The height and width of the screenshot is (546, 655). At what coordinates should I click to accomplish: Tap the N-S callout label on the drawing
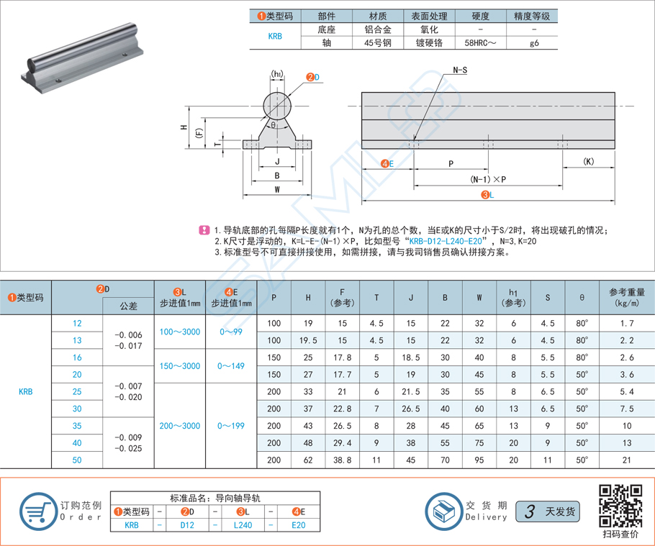460,70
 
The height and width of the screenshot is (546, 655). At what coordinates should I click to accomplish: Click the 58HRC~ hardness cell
481,43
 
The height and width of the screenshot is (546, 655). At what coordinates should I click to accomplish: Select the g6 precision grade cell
533,43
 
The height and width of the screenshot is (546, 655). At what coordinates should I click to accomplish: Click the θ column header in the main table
582,297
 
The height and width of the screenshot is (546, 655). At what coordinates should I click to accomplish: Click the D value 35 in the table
77,426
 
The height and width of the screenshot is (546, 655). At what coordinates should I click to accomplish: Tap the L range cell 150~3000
180,366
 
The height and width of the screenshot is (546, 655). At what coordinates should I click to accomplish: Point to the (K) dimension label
589,162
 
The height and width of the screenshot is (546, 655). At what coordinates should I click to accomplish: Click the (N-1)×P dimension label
488,179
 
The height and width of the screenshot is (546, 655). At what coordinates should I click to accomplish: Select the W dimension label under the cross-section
277,190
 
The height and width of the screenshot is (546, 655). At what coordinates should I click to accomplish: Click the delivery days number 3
530,512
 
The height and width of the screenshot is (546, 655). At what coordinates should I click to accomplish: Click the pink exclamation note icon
204,230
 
